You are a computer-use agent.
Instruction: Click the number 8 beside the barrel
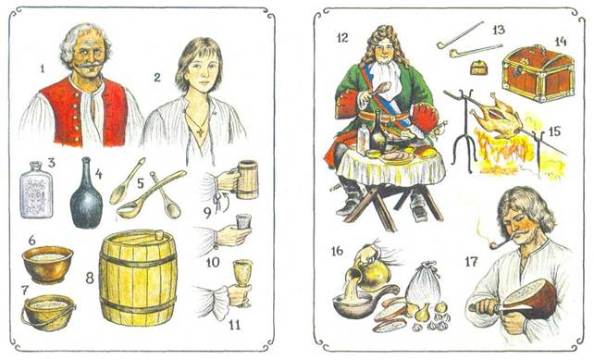[90, 279]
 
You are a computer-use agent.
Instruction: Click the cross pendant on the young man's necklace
[200, 131]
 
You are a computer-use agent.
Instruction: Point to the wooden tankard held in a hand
[247, 180]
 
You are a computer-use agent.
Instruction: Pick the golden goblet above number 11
[242, 279]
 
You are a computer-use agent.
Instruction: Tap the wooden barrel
[138, 279]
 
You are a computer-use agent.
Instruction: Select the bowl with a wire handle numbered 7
[48, 313]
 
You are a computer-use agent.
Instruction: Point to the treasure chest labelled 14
[538, 73]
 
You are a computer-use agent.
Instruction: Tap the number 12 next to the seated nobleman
[341, 38]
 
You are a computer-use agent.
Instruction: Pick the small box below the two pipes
[479, 68]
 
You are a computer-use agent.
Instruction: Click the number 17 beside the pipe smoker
[472, 262]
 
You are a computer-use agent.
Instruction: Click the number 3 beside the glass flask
[51, 163]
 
